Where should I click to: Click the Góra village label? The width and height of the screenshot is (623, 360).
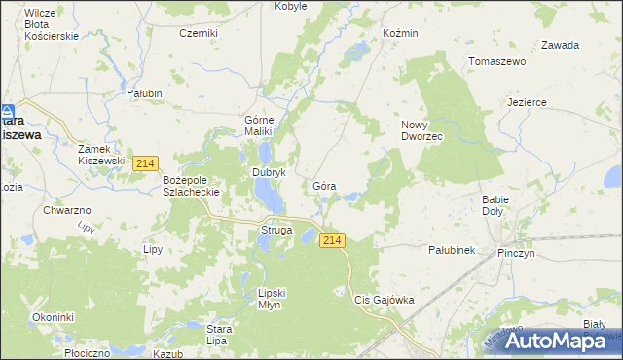[x=325, y=185]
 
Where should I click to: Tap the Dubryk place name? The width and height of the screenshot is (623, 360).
[x=268, y=172]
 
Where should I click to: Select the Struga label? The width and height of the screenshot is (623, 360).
[x=276, y=230]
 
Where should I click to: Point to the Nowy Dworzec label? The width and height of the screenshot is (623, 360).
[x=422, y=130]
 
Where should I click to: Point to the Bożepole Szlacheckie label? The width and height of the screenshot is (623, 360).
[x=193, y=187]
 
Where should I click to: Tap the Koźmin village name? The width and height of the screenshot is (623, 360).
[x=400, y=33]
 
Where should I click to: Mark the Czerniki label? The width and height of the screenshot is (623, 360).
[x=198, y=32]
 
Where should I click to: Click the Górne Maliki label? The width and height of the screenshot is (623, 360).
[x=261, y=126]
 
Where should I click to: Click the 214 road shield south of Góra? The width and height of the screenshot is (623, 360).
[x=332, y=240]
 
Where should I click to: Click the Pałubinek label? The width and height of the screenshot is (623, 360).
[x=451, y=250]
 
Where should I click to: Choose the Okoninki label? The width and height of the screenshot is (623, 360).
[x=54, y=317]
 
